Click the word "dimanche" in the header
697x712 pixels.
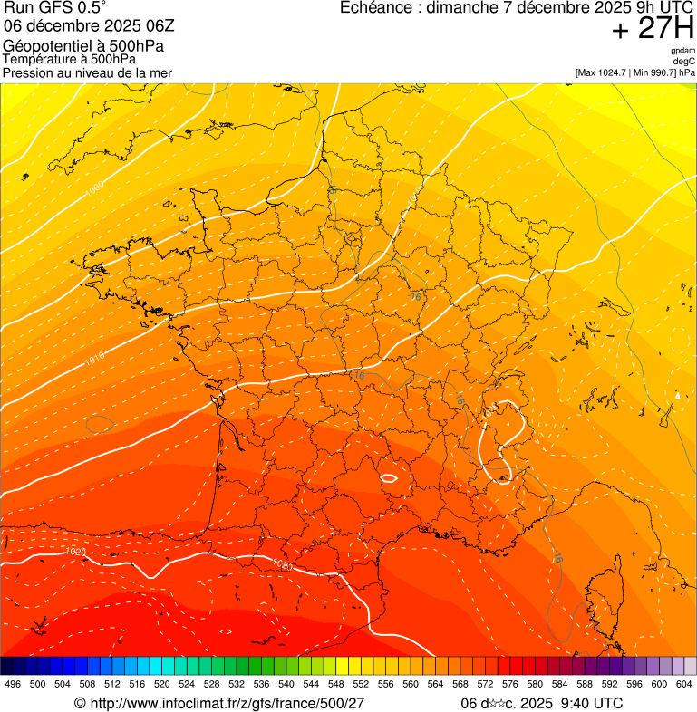461,8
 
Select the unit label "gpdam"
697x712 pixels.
682,51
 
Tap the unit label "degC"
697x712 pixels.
684,61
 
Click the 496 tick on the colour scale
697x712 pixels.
13,684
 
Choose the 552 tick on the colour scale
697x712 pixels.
361,684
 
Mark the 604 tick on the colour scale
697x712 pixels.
684,684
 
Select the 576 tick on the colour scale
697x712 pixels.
510,684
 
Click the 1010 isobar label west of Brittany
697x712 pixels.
94,359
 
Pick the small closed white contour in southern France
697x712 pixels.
391,477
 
